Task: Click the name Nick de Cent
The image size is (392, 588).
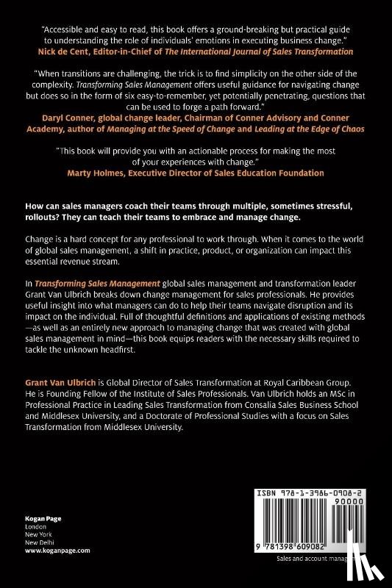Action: coord(72,51)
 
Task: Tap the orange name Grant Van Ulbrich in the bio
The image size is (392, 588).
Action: coord(51,381)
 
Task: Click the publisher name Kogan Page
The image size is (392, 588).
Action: coord(35,519)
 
